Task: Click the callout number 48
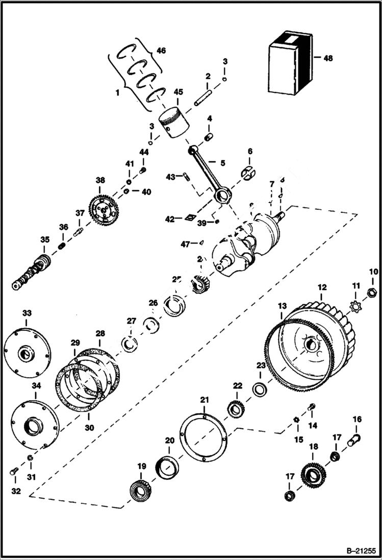(x=327, y=58)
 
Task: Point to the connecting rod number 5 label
(x=223, y=163)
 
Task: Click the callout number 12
(x=322, y=287)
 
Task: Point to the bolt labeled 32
(x=13, y=472)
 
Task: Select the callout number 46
(x=161, y=51)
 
